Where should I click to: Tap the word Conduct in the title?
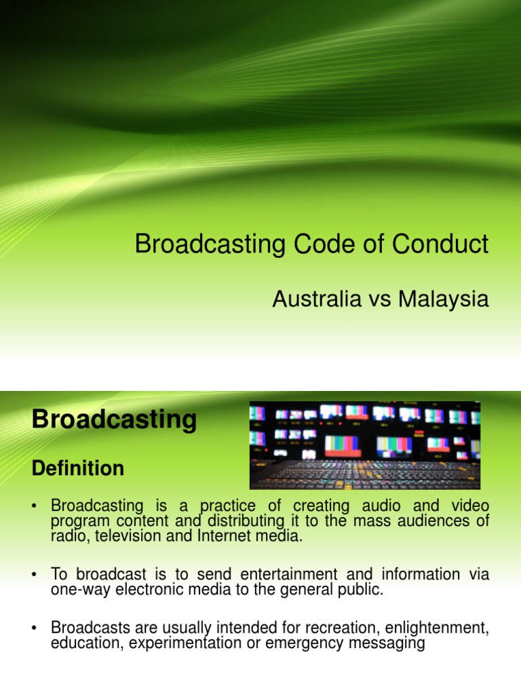coord(444,244)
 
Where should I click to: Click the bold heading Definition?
coord(78,468)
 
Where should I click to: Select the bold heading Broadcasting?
coord(114,420)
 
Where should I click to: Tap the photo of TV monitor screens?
coord(365,445)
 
